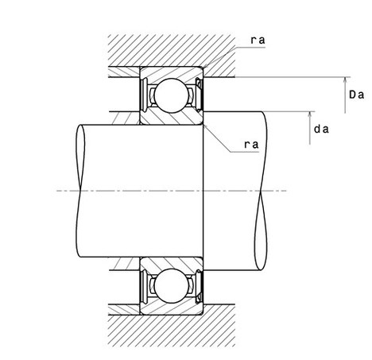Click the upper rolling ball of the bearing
pyautogui.click(x=172, y=95)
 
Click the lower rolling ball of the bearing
pyautogui.click(x=172, y=286)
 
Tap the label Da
pyautogui.click(x=356, y=95)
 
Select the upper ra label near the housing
pyautogui.click(x=258, y=41)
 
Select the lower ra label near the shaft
pyautogui.click(x=251, y=145)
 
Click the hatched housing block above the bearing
pyautogui.click(x=172, y=50)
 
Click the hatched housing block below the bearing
pyautogui.click(x=172, y=325)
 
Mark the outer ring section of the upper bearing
pyautogui.click(x=171, y=72)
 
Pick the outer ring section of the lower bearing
pyautogui.click(x=171, y=309)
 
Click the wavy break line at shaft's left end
pyautogui.click(x=80, y=191)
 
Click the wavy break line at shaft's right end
pyautogui.click(x=261, y=191)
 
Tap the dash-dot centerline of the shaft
pyautogui.click(x=172, y=191)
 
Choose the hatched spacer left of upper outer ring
pyautogui.click(x=124, y=72)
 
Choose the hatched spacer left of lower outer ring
pyautogui.click(x=124, y=310)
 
